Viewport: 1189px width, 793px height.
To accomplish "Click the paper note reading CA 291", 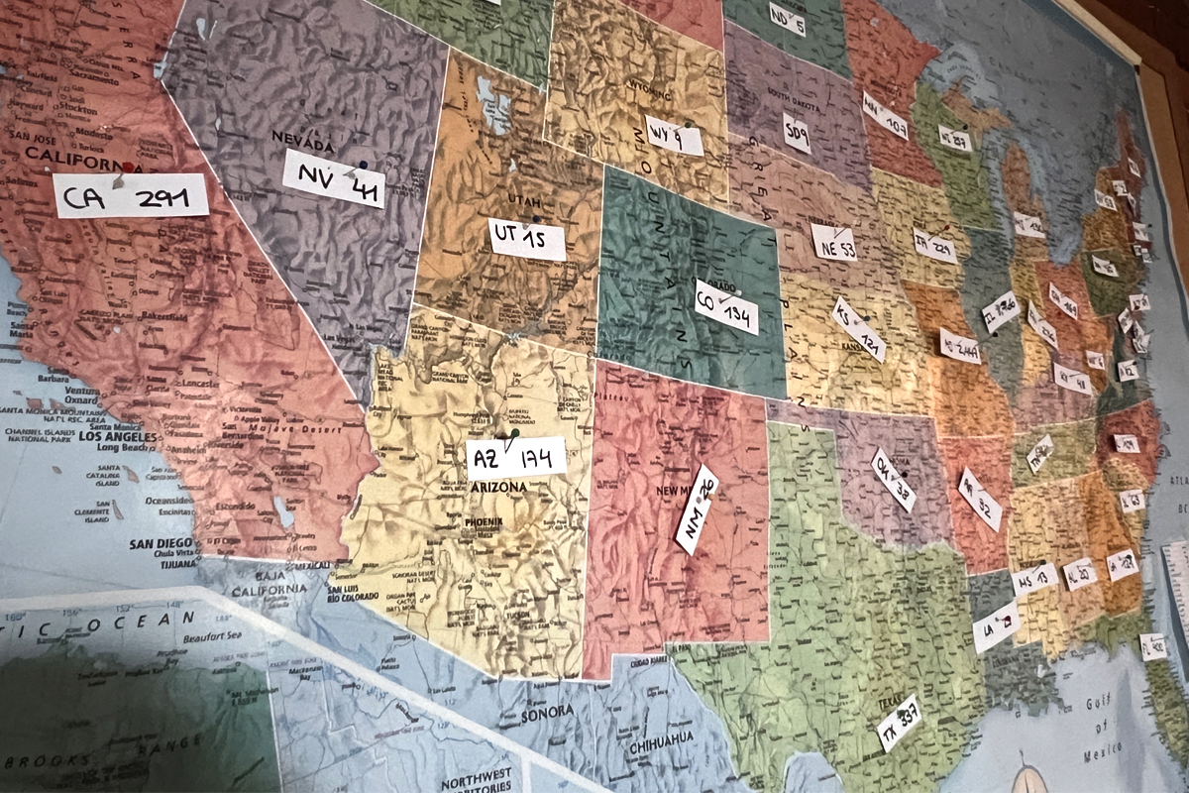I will coord(131,195).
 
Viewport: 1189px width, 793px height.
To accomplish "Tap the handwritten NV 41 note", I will coord(334,178).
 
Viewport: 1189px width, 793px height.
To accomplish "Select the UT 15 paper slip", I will coord(527,239).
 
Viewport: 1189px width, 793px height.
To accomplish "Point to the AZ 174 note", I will coord(516,458).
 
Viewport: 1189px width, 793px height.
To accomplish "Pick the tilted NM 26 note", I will coord(697,509).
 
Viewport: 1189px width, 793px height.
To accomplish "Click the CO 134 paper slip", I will coord(726,306).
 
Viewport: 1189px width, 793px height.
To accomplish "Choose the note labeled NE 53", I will coord(833,242).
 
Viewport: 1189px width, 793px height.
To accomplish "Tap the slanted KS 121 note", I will coord(858,329).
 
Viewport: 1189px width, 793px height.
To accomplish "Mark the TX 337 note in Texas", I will coord(899,723).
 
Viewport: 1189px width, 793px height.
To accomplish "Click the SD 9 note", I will coord(797,133).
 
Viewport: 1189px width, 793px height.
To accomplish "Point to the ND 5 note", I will coord(787,19).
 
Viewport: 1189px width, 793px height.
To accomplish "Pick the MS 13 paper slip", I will coord(1034,579).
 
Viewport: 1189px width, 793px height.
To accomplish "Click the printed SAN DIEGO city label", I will coord(160,543).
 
